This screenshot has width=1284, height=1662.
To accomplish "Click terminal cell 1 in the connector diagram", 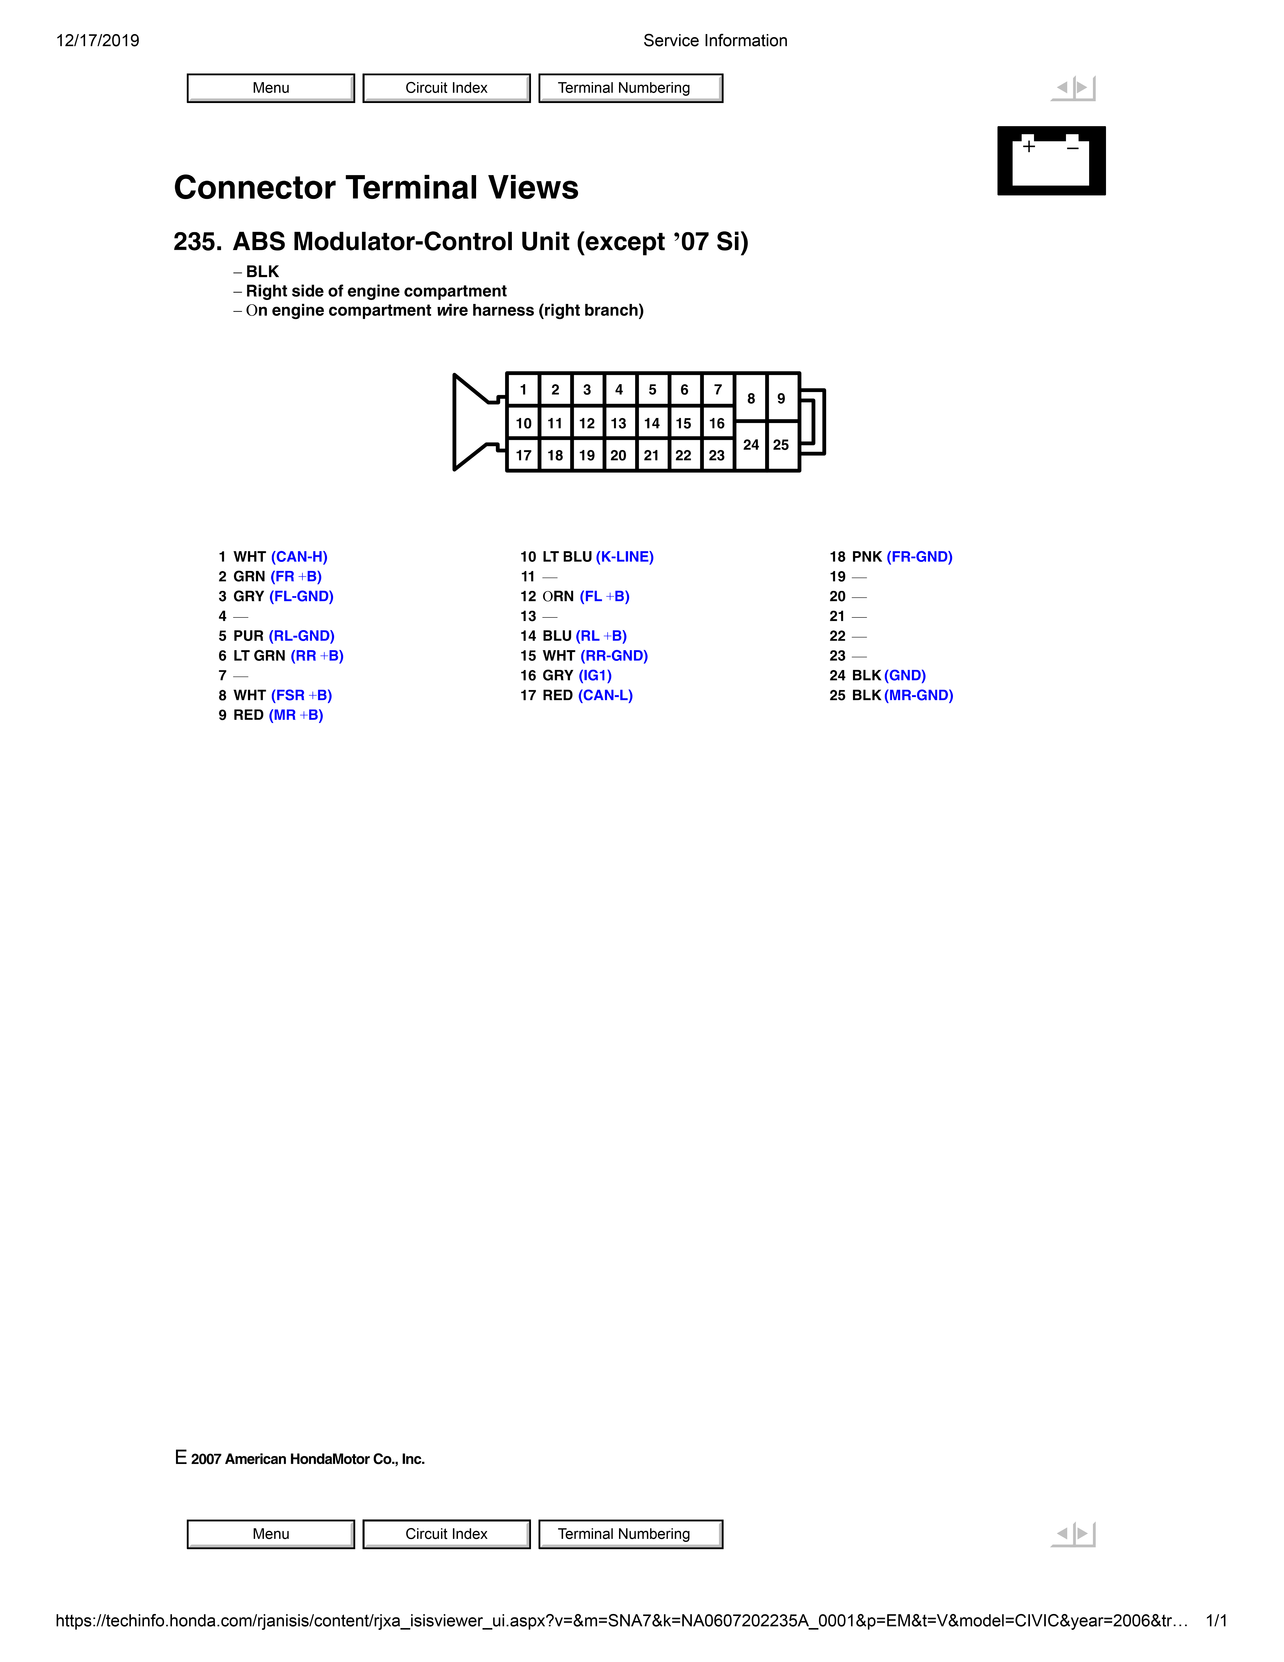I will [523, 390].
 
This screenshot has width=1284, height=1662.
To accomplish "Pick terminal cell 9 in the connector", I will [781, 398].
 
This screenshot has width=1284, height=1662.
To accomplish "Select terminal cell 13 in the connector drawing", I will [618, 423].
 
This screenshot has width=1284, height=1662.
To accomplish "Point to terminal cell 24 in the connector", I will [751, 445].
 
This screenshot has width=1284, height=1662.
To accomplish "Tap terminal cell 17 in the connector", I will [523, 455].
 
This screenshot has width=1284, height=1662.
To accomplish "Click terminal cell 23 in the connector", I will [717, 455].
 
